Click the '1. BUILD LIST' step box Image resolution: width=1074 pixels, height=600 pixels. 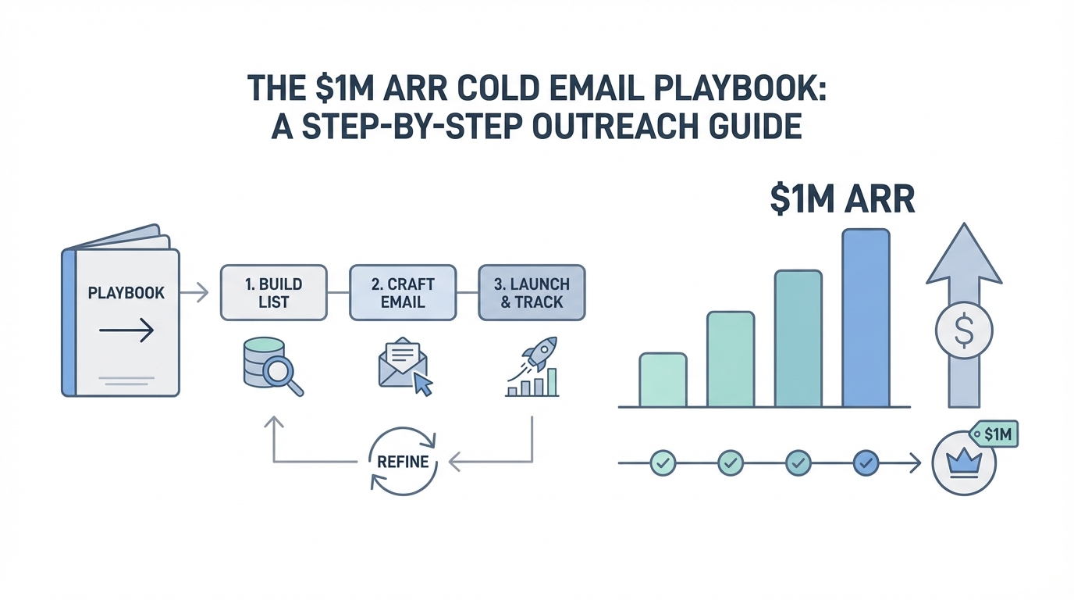click(x=274, y=293)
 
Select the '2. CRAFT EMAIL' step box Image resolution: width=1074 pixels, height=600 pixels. click(x=403, y=293)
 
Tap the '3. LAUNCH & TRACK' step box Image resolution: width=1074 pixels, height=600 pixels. click(x=532, y=293)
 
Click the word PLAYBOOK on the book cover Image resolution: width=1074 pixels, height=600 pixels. click(x=126, y=293)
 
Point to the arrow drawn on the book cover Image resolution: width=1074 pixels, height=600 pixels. click(x=126, y=330)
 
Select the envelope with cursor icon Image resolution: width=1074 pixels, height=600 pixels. click(x=405, y=366)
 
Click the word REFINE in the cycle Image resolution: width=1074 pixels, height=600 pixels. click(x=403, y=462)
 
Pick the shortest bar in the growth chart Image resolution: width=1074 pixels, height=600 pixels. click(x=663, y=380)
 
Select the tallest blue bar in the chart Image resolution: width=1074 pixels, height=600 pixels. click(x=866, y=318)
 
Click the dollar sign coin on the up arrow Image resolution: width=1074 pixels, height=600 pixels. click(x=964, y=330)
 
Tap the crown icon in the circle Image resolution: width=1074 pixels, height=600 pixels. click(x=964, y=463)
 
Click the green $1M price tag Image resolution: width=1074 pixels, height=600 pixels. click(x=994, y=434)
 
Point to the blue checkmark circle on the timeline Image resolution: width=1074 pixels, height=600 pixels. click(x=866, y=463)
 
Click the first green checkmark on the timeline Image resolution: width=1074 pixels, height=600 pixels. click(x=663, y=463)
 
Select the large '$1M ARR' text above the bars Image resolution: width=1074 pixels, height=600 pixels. click(x=842, y=200)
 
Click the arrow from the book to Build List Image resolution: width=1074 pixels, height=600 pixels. click(x=194, y=292)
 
